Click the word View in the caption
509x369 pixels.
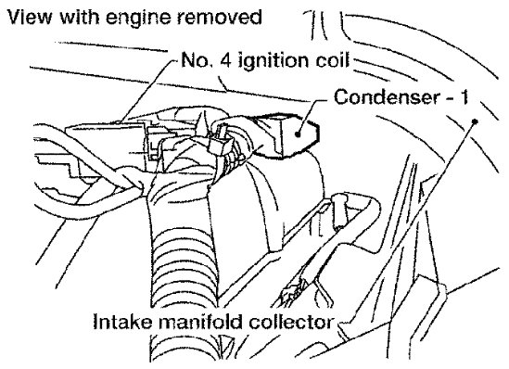pos(30,17)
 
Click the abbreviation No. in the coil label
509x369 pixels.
pos(193,60)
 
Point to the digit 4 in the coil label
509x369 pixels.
pos(225,60)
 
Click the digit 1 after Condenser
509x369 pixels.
pos(464,96)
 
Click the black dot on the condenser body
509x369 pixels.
pos(298,134)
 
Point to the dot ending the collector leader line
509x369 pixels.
pos(475,121)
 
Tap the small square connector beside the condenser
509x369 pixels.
pos(220,143)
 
